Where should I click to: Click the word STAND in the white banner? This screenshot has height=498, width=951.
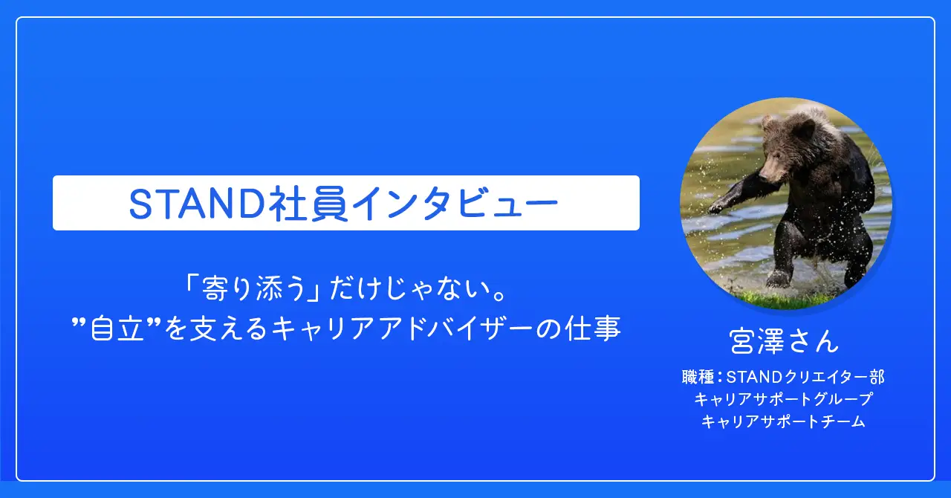pyautogui.click(x=198, y=204)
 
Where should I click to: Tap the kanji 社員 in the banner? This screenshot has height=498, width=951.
pyautogui.click(x=311, y=204)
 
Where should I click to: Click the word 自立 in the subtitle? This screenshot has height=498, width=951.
pyautogui.click(x=117, y=329)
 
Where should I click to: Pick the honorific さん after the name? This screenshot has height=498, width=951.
pyautogui.click(x=814, y=341)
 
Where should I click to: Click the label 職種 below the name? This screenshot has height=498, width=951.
pyautogui.click(x=698, y=377)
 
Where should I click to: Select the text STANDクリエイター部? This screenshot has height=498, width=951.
pyautogui.click(x=805, y=377)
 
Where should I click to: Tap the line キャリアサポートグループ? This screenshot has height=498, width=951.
pyautogui.click(x=783, y=399)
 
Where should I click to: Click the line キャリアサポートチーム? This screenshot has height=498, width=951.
pyautogui.click(x=783, y=421)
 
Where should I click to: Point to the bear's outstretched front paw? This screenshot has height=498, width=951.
pyautogui.click(x=718, y=207)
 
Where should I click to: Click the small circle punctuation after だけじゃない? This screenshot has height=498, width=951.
pyautogui.click(x=502, y=295)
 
